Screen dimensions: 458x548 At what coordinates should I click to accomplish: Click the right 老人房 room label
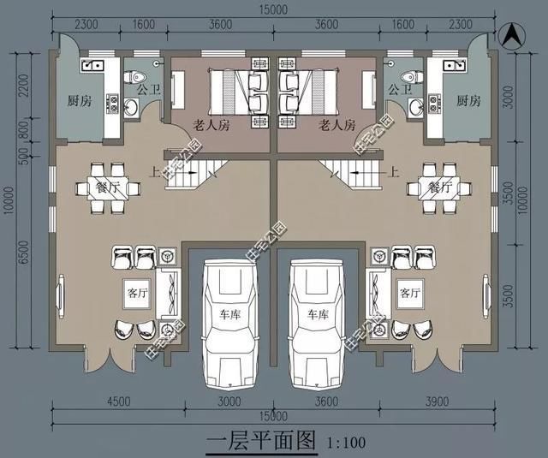tap(337, 125)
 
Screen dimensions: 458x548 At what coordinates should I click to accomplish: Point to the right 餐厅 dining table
tap(439, 187)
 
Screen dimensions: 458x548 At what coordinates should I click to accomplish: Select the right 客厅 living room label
tap(409, 292)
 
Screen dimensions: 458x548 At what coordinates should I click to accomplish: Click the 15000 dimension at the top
tap(273, 9)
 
